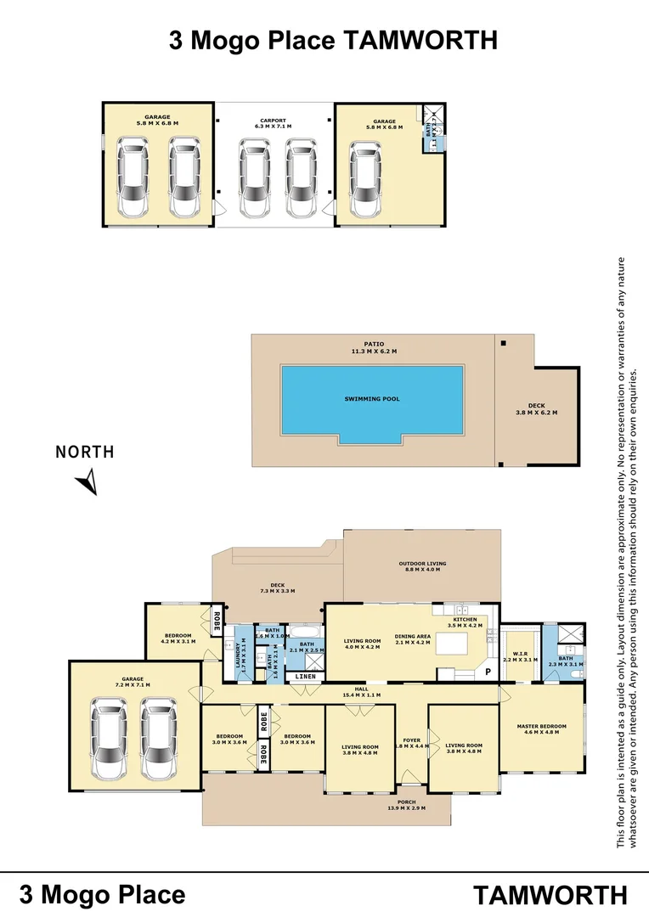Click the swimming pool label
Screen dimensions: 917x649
click(x=372, y=398)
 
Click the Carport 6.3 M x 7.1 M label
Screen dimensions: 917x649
click(x=273, y=123)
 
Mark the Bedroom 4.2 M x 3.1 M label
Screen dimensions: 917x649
click(x=178, y=639)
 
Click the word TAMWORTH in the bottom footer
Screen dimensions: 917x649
click(x=550, y=895)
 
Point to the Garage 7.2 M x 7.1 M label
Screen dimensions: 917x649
click(x=131, y=680)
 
